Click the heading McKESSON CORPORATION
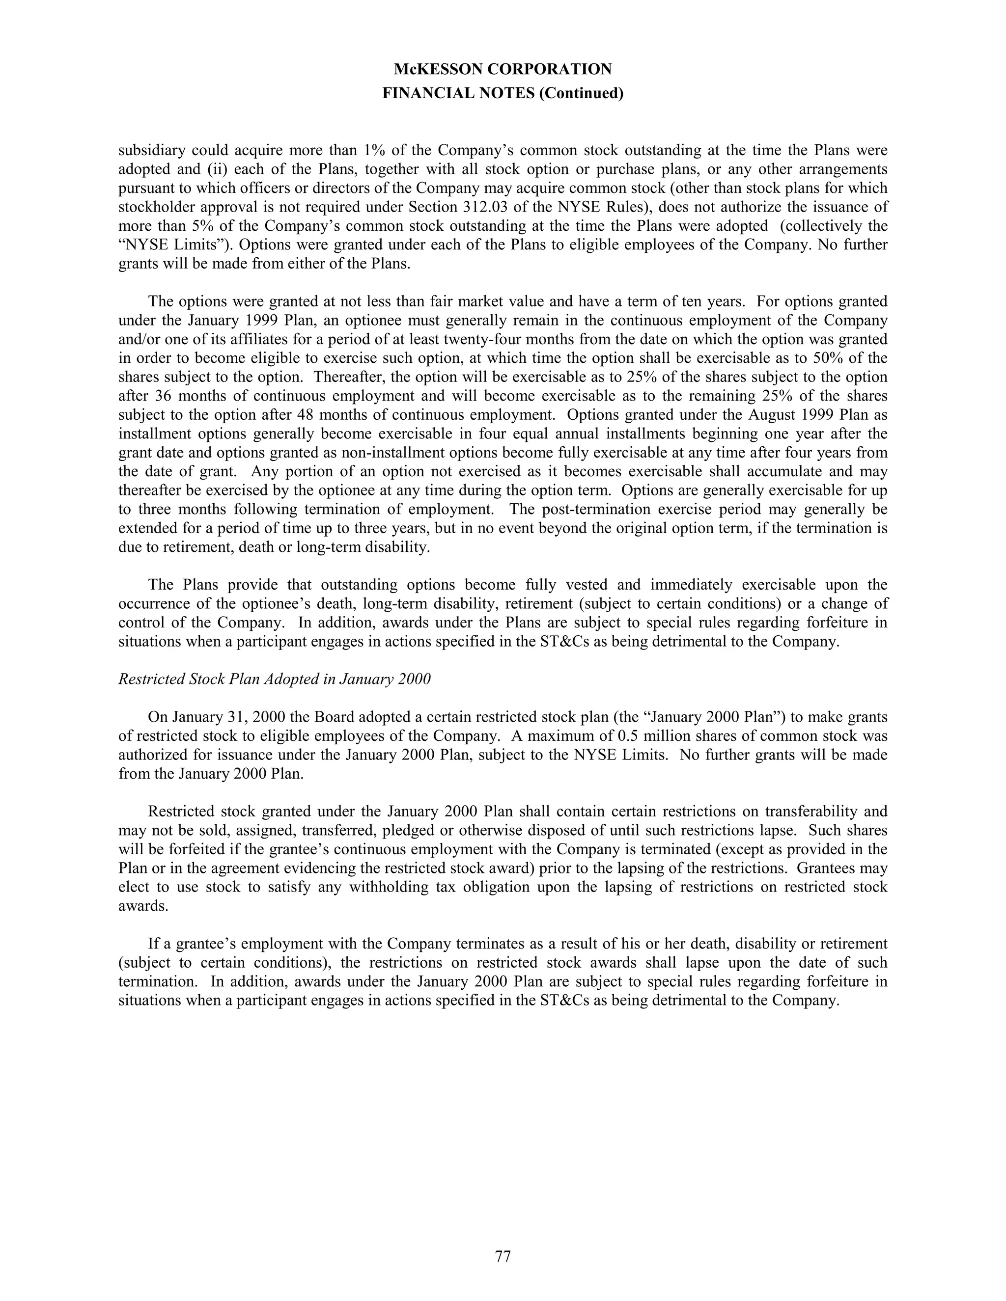[x=503, y=70]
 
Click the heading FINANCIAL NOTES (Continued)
[x=503, y=93]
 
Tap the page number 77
[x=503, y=1256]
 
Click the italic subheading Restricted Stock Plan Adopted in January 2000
[x=274, y=679]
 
